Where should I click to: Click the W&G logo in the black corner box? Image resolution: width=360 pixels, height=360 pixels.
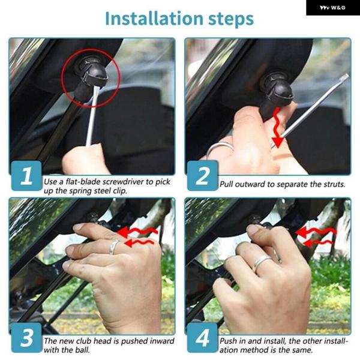pyautogui.click(x=332, y=8)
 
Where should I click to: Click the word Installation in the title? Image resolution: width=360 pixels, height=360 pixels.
pyautogui.click(x=154, y=19)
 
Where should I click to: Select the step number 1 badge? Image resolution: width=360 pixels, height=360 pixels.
pyautogui.click(x=26, y=176)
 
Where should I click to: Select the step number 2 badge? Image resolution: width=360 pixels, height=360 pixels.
pyautogui.click(x=202, y=176)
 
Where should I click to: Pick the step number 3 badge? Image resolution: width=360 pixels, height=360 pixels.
pyautogui.click(x=26, y=337)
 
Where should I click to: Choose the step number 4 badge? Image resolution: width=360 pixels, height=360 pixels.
pyautogui.click(x=202, y=337)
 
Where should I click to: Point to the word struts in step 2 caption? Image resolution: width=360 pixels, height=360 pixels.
pyautogui.click(x=334, y=184)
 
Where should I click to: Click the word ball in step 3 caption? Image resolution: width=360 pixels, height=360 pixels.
pyautogui.click(x=83, y=350)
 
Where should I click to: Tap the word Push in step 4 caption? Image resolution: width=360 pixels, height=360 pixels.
pyautogui.click(x=228, y=341)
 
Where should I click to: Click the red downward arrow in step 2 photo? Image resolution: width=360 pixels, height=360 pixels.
pyautogui.click(x=278, y=127)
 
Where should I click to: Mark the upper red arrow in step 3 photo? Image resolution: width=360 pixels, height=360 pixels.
pyautogui.click(x=137, y=232)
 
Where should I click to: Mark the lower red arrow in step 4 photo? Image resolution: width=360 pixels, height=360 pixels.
pyautogui.click(x=318, y=243)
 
